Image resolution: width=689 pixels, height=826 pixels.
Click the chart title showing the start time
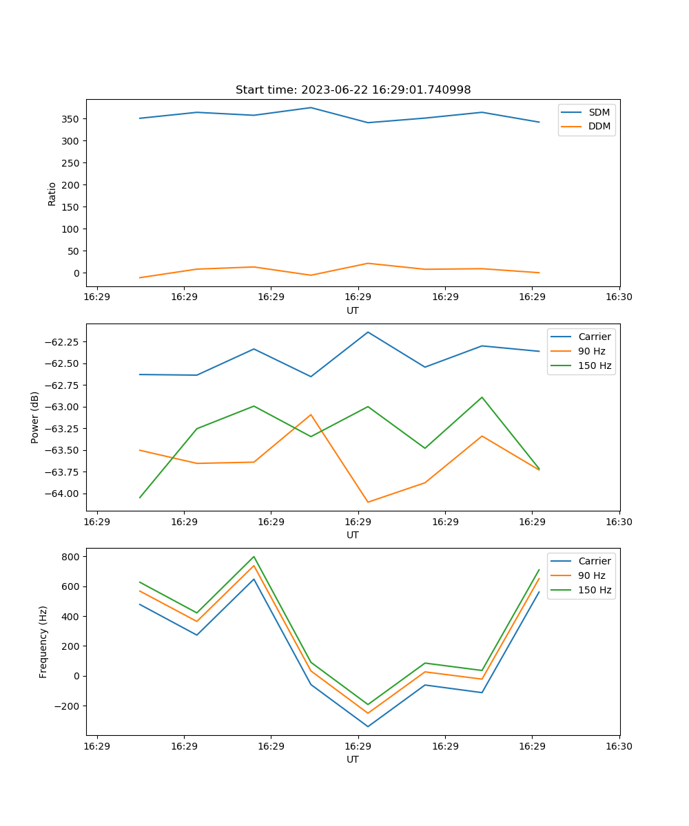coord(353,90)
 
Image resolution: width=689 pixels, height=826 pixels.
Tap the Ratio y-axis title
coord(52,193)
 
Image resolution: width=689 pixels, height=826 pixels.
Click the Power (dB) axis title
coord(35,417)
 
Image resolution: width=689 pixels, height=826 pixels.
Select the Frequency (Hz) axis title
coord(43,642)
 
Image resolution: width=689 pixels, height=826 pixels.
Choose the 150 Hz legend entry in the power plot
coord(595,366)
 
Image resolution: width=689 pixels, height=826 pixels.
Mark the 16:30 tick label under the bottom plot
coord(619,747)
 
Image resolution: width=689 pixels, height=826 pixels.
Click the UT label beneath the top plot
coord(353,310)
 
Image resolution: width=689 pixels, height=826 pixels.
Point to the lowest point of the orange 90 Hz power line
coord(368,502)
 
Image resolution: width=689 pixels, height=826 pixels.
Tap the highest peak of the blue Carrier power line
coord(368,332)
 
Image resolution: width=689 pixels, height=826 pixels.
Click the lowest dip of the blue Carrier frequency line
coord(368,726)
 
